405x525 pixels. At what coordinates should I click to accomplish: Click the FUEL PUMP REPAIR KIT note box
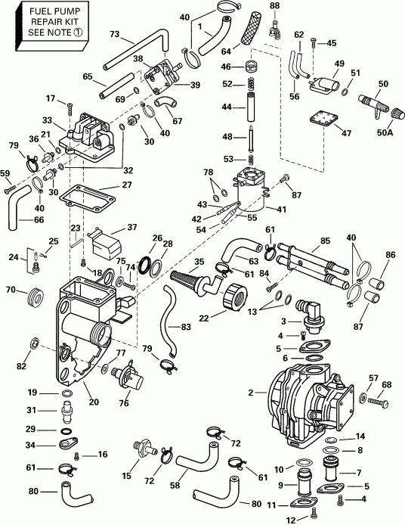tap(47, 25)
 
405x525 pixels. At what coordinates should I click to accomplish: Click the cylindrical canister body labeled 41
tap(252, 195)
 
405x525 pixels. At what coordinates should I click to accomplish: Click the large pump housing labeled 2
tap(302, 393)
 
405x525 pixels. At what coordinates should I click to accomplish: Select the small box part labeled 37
tap(104, 244)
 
